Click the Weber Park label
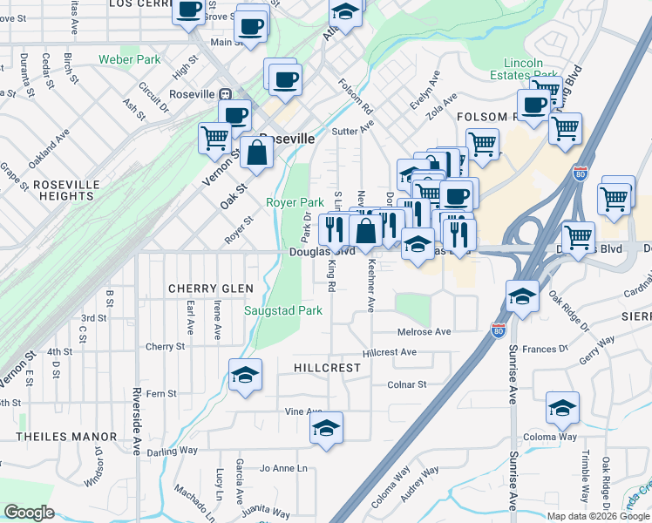pos(130,60)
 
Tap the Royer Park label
pos(289,202)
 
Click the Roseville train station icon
pos(225,94)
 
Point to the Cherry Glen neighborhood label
pos(211,289)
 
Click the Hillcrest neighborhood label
pos(327,368)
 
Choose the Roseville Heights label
pos(69,191)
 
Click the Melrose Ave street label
pos(424,332)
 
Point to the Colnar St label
pos(407,384)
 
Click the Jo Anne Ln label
pos(284,468)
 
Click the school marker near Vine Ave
pos(326,429)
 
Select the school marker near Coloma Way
pos(562,407)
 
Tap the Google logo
pos(30,513)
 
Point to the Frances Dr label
pos(546,349)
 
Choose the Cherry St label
pos(166,346)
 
